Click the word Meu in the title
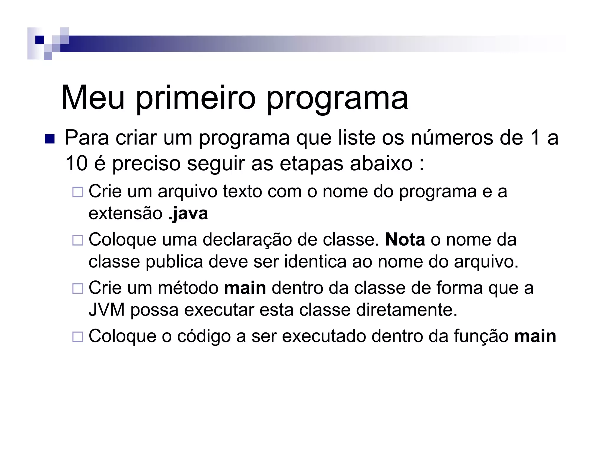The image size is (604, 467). coord(93,98)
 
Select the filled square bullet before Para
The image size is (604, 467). coord(50,139)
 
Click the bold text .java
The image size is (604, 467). coord(188,213)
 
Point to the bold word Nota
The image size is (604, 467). coord(405,239)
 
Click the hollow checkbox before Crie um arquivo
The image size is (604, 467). coord(78,192)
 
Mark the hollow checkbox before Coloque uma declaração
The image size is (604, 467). coord(78,240)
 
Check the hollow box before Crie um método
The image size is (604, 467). coord(78,288)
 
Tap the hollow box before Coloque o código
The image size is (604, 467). coord(78,337)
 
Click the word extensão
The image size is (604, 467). coord(125,213)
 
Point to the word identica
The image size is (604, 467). coord(315,261)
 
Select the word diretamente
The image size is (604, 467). coord(407,310)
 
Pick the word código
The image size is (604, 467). coord(204,336)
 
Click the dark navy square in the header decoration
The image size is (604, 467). coord(39,40)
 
